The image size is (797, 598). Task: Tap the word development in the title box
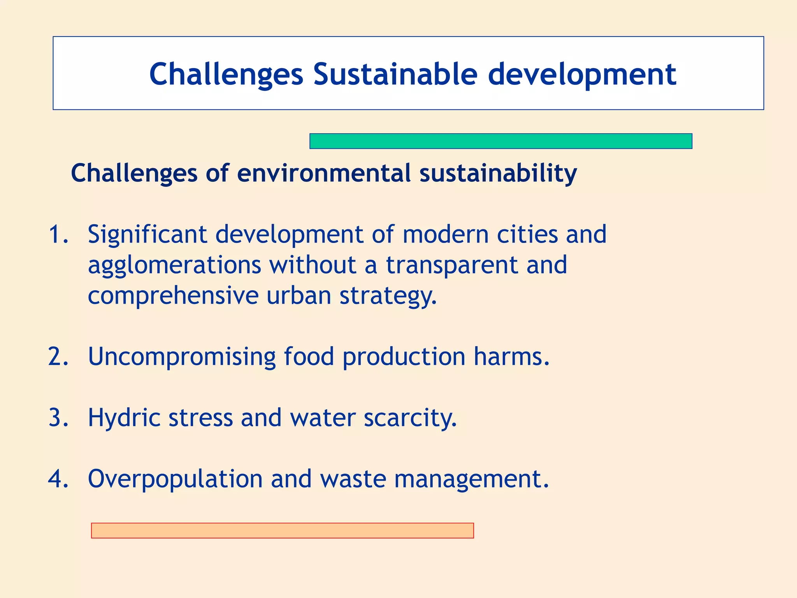coord(582,75)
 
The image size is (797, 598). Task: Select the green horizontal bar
coord(500,141)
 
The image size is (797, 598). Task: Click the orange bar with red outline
coord(282,530)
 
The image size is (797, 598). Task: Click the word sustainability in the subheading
coord(498,174)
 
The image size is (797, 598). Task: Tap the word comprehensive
coord(173,296)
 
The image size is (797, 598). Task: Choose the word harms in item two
coord(511,356)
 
